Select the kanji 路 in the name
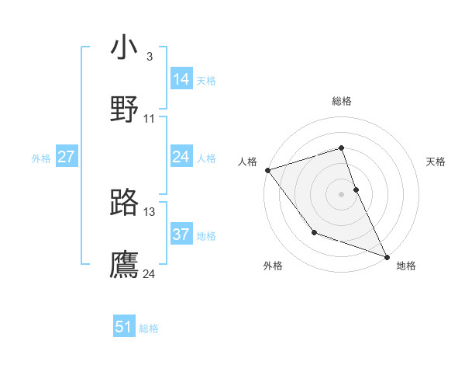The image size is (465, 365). coord(125,202)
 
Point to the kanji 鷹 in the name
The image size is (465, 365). coord(125,263)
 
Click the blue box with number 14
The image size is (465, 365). coord(181,79)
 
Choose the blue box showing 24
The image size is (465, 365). coord(181,158)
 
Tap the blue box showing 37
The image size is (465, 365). coord(181,235)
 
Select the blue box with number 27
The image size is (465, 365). coord(66,158)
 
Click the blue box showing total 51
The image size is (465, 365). coord(124,328)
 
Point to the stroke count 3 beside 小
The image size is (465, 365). coord(150,57)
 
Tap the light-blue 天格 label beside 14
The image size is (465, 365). coord(206,81)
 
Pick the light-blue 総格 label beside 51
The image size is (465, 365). coord(149,328)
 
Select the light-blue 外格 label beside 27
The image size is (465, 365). coord(41,158)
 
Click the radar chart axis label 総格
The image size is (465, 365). coord(341,101)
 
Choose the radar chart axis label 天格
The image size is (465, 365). coord(436,162)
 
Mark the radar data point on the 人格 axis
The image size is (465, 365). coord(267,170)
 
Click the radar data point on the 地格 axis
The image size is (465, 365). coord(387,256)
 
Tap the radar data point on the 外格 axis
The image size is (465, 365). coord(314,232)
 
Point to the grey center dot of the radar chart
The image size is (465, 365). coord(341,194)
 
